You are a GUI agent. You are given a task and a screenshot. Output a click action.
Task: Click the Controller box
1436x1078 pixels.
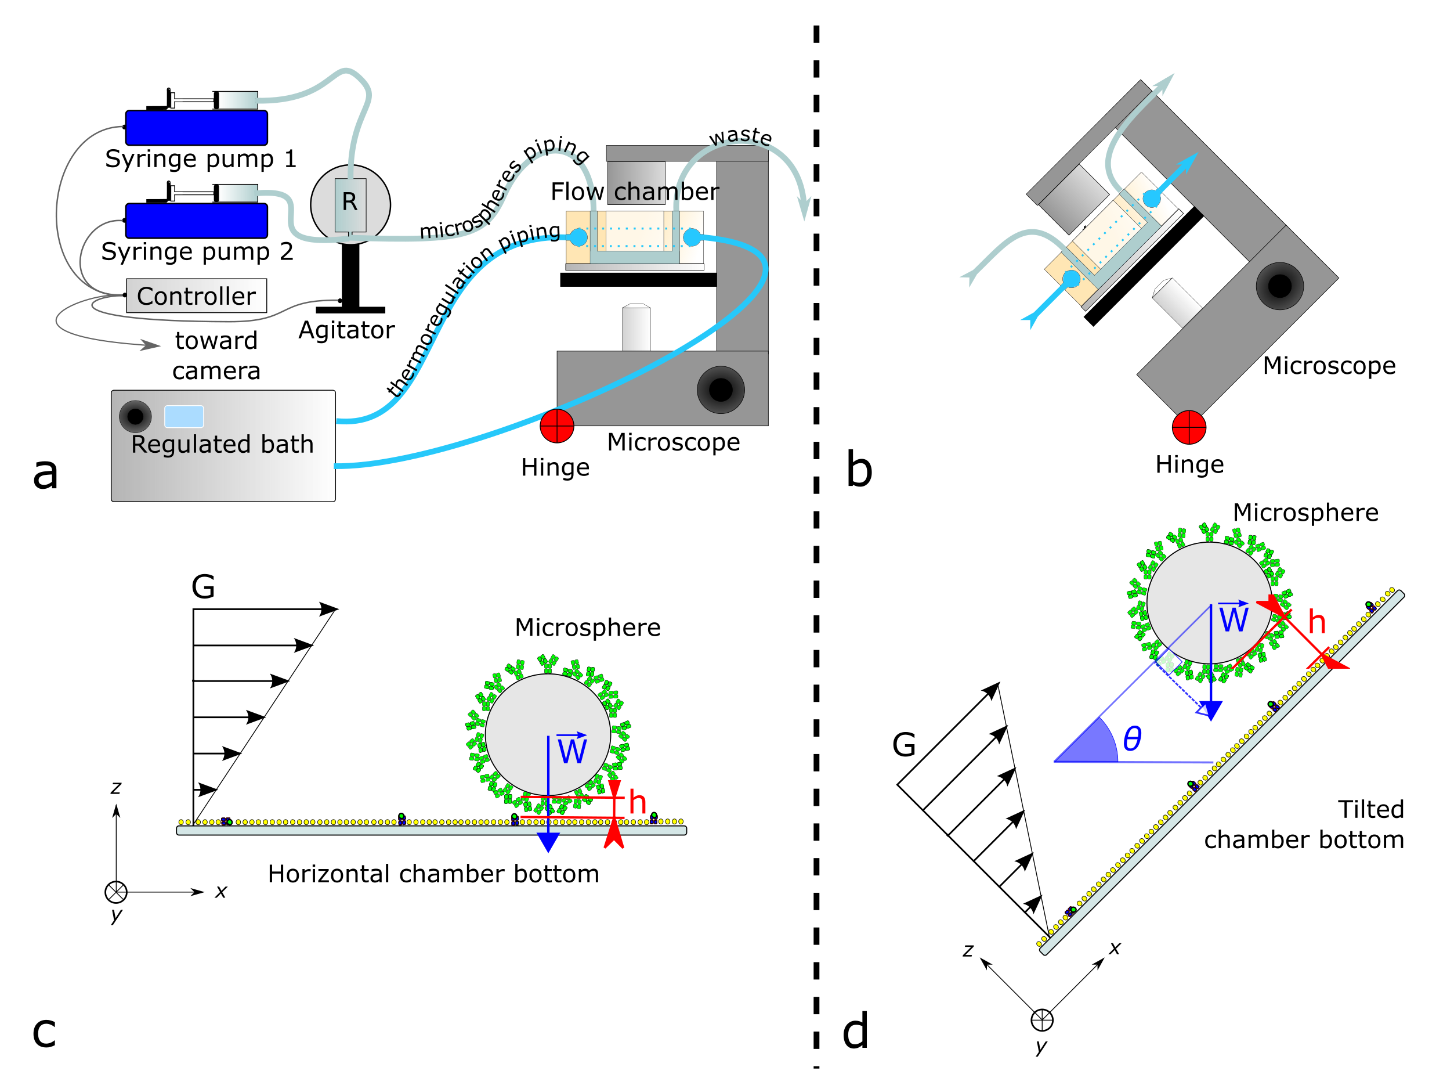tap(196, 296)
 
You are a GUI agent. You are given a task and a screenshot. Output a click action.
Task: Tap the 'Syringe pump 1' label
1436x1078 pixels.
tap(201, 158)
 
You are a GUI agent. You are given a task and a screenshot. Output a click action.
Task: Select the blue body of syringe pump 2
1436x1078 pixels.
tap(196, 221)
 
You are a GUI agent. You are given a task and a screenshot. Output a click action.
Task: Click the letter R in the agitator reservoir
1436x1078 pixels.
tap(350, 202)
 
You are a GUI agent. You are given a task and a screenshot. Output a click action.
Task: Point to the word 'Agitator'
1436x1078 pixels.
tap(346, 330)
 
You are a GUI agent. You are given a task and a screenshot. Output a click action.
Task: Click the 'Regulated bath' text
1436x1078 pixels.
tap(222, 444)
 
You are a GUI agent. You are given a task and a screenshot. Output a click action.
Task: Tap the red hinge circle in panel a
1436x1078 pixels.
tap(557, 426)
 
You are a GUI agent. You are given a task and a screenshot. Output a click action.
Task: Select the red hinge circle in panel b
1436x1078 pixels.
tap(1189, 427)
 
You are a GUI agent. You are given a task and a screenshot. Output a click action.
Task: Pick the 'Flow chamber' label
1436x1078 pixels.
tap(634, 192)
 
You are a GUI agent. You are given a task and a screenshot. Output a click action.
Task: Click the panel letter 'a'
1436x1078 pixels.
tap(45, 472)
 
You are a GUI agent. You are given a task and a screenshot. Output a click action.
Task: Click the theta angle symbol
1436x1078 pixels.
tap(1132, 738)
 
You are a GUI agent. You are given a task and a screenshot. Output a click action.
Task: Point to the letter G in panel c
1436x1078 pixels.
tap(203, 587)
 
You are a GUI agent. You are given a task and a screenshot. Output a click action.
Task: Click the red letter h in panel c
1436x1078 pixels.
tap(638, 803)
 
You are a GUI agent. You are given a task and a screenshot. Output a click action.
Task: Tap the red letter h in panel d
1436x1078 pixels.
tap(1316, 622)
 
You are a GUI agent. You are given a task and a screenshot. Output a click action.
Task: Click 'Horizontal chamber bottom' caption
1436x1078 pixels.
tap(433, 874)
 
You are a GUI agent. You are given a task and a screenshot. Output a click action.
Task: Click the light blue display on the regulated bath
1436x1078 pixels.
tap(184, 416)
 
